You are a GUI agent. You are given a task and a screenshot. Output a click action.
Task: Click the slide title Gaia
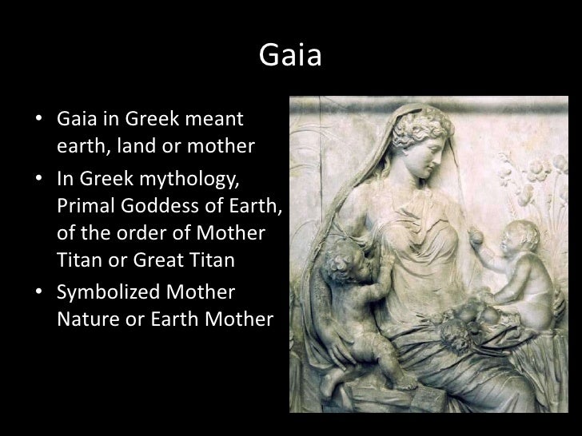click(290, 57)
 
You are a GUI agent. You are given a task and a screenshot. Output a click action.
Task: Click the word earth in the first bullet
click(80, 149)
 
